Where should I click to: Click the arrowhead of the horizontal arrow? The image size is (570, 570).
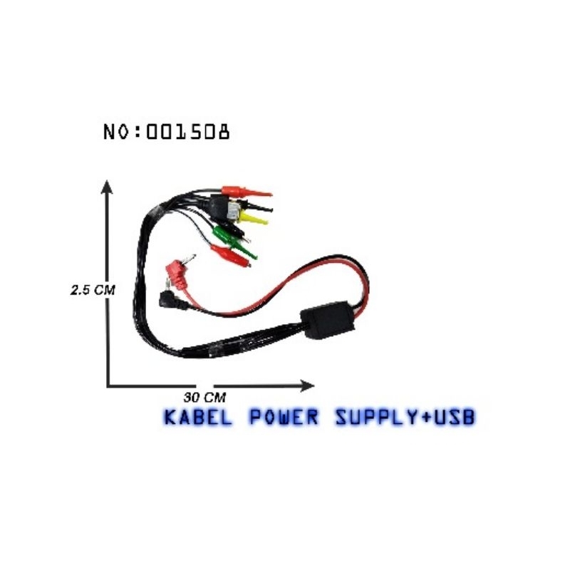pos(308,385)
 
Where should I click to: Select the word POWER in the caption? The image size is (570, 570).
pos(282,417)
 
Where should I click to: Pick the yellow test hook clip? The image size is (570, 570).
pos(255,219)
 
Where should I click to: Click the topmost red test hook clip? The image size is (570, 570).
pos(246,191)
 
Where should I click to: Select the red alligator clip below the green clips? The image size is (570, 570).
pos(229,255)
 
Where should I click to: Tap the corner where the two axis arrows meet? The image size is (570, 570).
pos(108,385)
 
